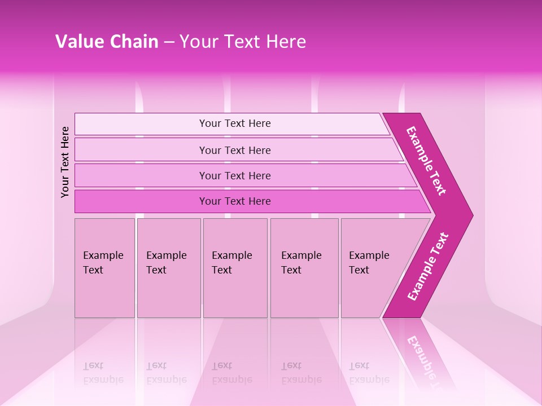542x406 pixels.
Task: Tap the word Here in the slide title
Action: [286, 42]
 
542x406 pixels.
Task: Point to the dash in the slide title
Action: [169, 42]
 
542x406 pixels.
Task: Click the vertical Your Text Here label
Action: [65, 162]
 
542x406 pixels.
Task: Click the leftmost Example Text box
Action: [104, 267]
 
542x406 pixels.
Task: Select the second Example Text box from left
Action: [168, 267]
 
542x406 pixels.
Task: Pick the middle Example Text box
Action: [235, 267]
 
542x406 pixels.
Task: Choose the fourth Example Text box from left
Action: [304, 267]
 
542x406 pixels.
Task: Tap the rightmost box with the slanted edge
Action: [373, 267]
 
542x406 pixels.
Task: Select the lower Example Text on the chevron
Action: [428, 267]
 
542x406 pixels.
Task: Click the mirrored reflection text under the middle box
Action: [232, 373]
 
